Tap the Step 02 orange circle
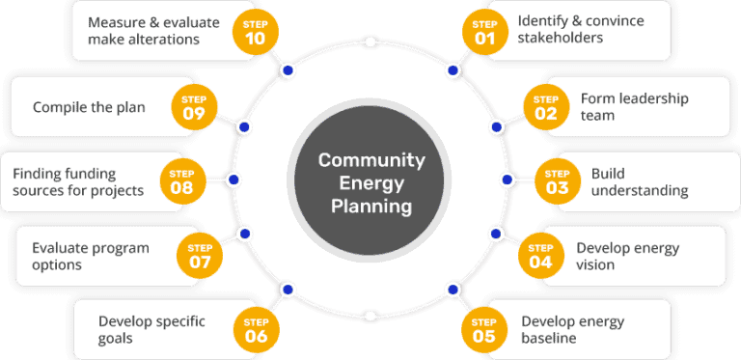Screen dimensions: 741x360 546,106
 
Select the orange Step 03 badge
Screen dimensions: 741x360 557,180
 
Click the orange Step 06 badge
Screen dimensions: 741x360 256,328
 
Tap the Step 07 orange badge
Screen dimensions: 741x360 199,255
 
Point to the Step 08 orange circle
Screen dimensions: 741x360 181,180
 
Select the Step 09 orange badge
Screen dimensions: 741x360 193,106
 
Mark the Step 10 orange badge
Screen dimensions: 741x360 256,31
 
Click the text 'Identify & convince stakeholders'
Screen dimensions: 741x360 567,29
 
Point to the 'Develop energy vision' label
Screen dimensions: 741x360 627,256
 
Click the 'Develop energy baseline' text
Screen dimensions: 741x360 572,329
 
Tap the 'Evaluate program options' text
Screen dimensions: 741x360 91,256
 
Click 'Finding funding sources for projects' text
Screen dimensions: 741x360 78,181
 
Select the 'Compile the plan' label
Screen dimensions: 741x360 89,107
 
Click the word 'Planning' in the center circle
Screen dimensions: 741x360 371,205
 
